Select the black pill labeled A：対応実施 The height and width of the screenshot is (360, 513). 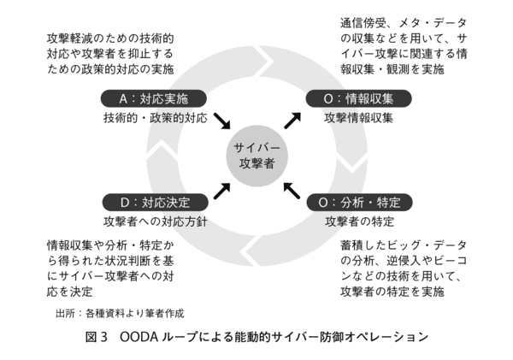[155, 98]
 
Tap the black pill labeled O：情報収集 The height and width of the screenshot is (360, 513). [359, 98]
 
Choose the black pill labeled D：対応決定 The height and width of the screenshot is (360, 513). [155, 203]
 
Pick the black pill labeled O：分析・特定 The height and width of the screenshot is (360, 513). [359, 203]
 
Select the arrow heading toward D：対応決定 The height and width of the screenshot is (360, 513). [221, 190]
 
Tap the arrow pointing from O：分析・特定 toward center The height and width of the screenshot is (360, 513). [292, 189]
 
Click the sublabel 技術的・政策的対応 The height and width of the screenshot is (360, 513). [155, 118]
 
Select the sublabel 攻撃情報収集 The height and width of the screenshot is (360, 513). [359, 118]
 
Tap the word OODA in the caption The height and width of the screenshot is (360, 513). [139, 337]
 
